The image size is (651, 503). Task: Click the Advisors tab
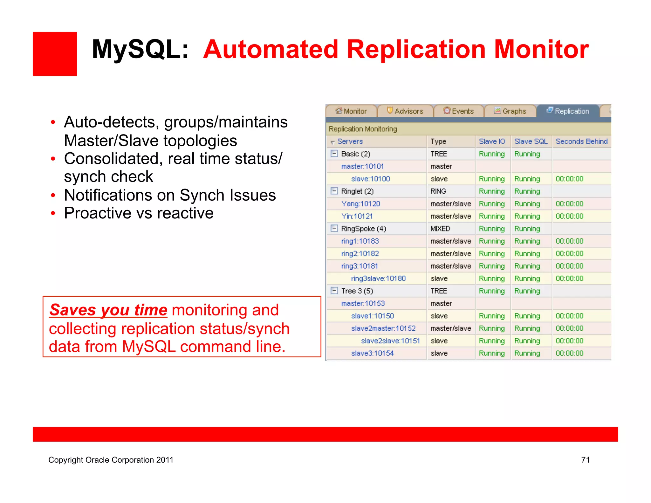405,111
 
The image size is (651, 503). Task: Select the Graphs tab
510,111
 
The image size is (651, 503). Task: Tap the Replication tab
568,111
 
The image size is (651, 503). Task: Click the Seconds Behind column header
581,141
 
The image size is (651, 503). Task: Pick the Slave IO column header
492,141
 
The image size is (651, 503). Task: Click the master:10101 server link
362,166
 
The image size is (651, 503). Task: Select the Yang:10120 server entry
360,204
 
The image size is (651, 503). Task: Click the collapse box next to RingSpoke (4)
334,228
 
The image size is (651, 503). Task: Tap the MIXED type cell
440,229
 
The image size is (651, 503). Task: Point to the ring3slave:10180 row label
378,279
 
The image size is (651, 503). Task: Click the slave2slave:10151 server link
390,341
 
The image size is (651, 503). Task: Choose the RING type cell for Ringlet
438,191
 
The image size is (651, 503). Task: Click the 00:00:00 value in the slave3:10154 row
569,353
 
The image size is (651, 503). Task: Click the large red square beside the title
55,54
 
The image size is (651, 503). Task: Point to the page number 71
585,460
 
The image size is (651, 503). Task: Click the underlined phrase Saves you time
108,310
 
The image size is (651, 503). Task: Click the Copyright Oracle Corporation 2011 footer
111,460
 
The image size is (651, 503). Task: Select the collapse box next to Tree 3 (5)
334,291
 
